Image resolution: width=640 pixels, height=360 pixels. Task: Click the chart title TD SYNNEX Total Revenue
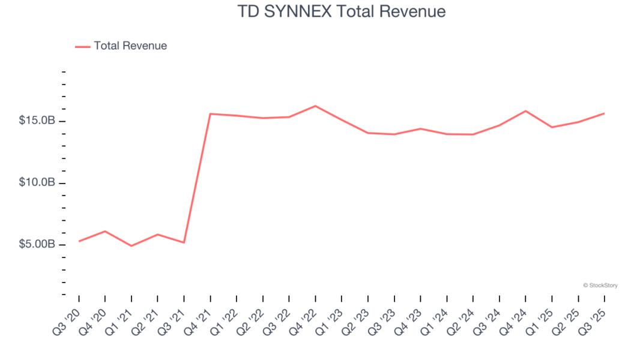(x=320, y=11)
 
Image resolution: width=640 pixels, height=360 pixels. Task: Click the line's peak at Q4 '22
(x=315, y=106)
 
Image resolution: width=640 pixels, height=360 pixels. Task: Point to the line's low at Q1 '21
(x=131, y=246)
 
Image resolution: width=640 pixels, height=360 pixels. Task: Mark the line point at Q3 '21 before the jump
(x=184, y=242)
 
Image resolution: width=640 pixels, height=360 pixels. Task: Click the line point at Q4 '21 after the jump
(x=210, y=114)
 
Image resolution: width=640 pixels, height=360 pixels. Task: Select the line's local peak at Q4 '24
(x=525, y=111)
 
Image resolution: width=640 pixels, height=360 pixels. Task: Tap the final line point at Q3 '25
(x=604, y=113)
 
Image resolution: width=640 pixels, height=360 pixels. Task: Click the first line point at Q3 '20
(x=79, y=241)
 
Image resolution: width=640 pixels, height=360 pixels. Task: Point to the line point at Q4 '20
(x=105, y=231)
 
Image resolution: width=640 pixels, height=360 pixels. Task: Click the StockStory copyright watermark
(x=600, y=286)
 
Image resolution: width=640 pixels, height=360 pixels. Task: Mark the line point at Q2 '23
(x=368, y=133)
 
